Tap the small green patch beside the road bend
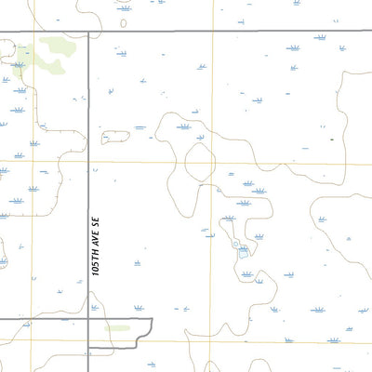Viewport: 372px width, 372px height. (117, 327)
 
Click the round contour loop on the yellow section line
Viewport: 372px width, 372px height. (200, 162)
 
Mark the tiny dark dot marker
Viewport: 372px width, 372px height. (331, 139)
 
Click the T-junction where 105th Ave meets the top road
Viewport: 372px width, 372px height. (88, 31)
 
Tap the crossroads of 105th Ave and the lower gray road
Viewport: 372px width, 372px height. (88, 319)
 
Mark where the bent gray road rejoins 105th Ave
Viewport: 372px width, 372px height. (88, 348)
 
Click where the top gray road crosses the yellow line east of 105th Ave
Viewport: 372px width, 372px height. (212, 31)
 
